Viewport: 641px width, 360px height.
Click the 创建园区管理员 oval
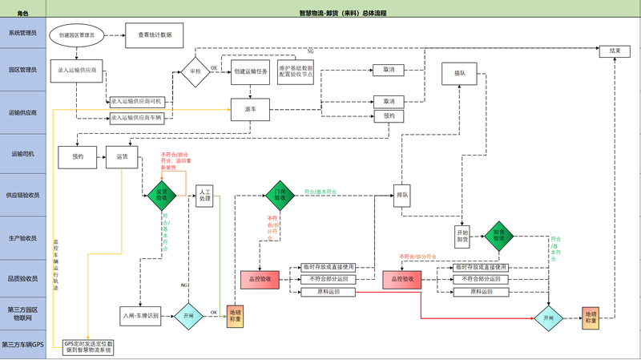77,35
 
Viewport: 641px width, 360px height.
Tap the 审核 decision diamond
195,71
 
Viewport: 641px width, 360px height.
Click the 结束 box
615,51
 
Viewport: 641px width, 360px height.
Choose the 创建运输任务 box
249,71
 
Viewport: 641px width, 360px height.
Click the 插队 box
459,73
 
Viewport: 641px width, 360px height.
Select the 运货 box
123,156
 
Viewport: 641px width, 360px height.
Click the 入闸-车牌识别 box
141,317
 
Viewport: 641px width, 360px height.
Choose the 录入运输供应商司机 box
136,102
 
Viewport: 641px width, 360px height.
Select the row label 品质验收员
23,278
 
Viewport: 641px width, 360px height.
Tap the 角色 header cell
23,14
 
